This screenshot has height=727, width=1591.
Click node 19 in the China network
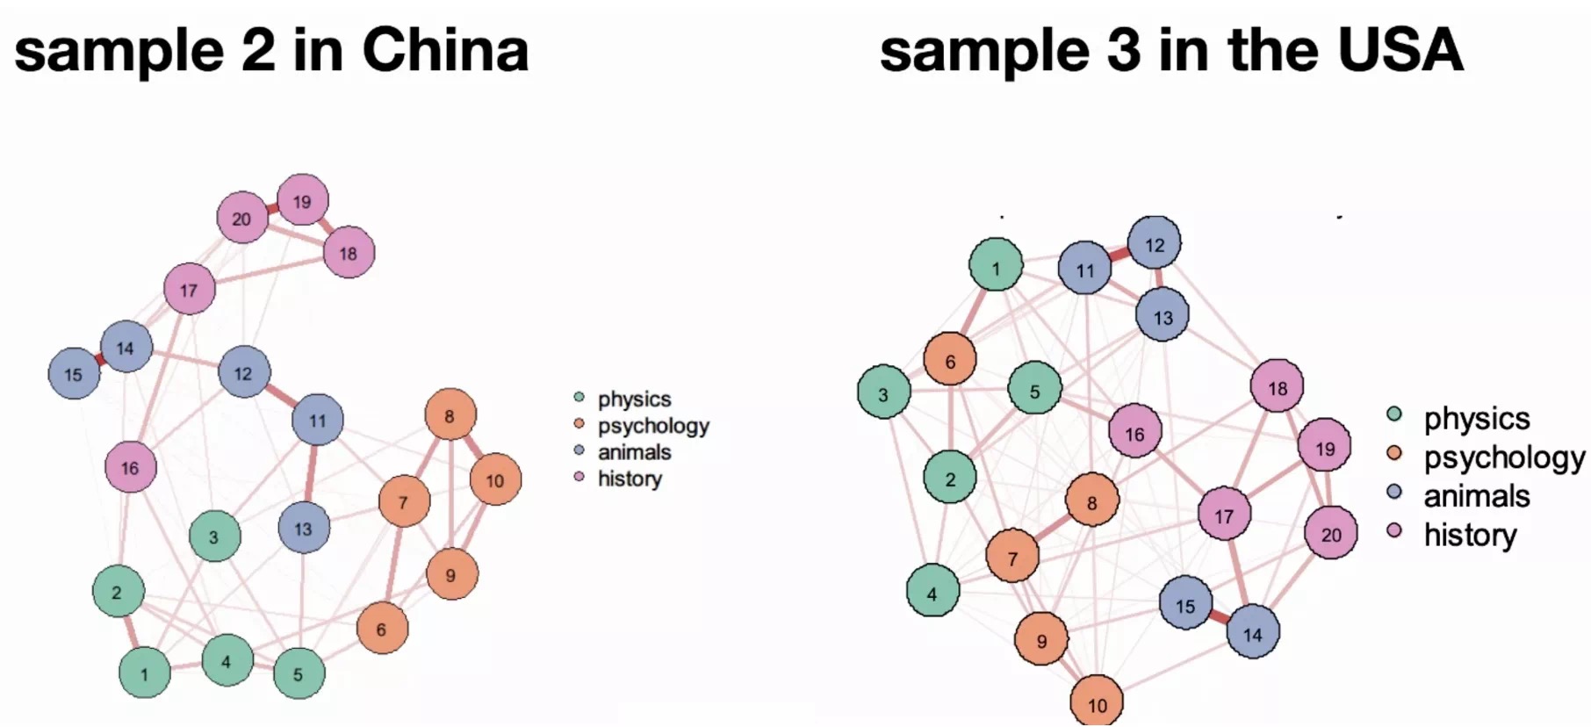tap(303, 200)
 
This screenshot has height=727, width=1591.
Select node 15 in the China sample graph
tap(74, 373)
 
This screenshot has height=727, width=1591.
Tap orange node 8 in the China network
tap(450, 414)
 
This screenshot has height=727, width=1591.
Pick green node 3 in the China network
tap(214, 536)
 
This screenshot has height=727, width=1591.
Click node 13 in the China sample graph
tap(304, 529)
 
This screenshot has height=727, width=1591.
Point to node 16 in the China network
tap(131, 467)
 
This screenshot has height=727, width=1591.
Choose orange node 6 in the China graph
tap(382, 629)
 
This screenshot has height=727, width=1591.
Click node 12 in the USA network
tap(1154, 243)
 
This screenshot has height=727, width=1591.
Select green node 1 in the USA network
tap(996, 264)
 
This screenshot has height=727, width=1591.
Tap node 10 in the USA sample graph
tap(1097, 703)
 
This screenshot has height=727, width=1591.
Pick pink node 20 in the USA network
tap(1330, 533)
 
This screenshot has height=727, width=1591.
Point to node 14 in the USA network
tap(1252, 632)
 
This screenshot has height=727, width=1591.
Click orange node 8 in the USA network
tap(1091, 501)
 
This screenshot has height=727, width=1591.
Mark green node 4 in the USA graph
tap(932, 592)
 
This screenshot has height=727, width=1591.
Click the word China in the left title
tap(445, 50)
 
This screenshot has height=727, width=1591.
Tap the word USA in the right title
tap(1400, 50)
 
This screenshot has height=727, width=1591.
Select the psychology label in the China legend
tap(653, 426)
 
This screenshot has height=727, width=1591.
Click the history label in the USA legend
tap(1470, 534)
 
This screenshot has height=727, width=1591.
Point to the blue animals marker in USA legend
tap(1394, 492)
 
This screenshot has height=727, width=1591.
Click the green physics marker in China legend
tap(579, 398)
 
